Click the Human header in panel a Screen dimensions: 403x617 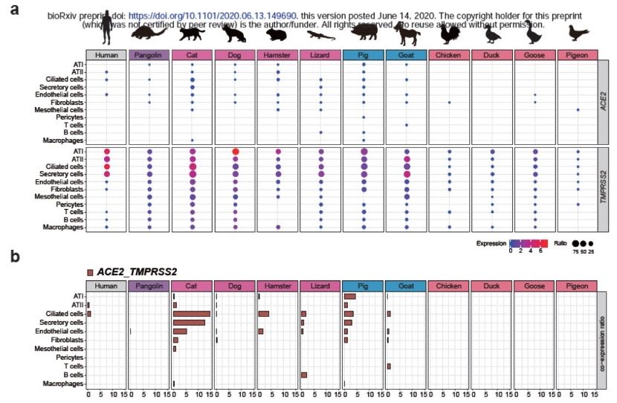point(106,55)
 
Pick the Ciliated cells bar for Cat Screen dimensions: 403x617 point(191,314)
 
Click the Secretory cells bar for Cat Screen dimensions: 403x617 point(189,322)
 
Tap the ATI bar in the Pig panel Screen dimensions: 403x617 point(349,297)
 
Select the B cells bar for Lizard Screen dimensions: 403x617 point(304,375)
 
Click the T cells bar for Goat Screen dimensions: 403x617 point(388,366)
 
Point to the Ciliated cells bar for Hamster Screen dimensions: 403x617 point(263,314)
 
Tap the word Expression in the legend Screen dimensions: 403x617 point(491,242)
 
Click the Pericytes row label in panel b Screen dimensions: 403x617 point(68,358)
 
